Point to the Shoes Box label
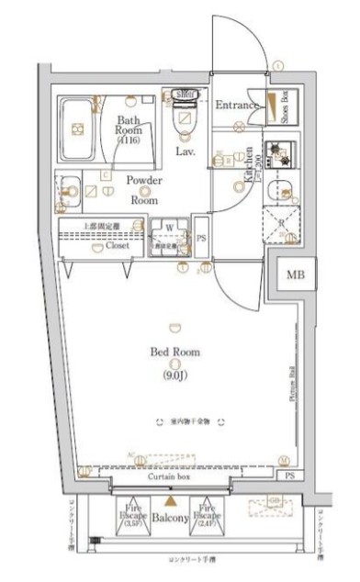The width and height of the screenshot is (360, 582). [x=285, y=107]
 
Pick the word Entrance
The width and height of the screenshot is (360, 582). [x=238, y=106]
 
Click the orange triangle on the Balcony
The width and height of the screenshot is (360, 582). [x=169, y=501]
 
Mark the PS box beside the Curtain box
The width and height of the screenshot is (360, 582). [x=290, y=476]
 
